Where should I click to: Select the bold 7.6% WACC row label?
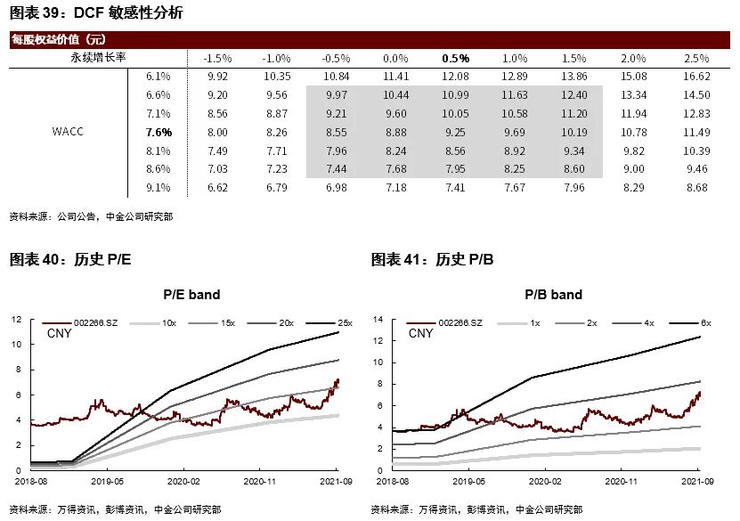pos(159,133)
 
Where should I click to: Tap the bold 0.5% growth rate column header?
pos(455,58)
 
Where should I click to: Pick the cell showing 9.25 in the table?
pos(455,133)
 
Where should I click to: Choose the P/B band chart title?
pos(553,294)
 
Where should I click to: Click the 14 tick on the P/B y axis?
pos(378,319)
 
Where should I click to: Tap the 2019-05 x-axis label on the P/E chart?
pos(106,481)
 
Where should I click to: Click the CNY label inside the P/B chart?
pos(420,334)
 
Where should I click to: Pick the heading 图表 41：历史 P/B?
pos(432,259)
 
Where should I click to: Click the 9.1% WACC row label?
pos(159,188)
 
